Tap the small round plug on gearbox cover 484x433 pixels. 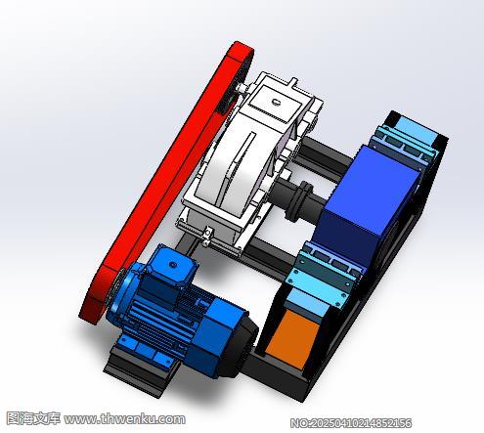pyautogui.click(x=277, y=102)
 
